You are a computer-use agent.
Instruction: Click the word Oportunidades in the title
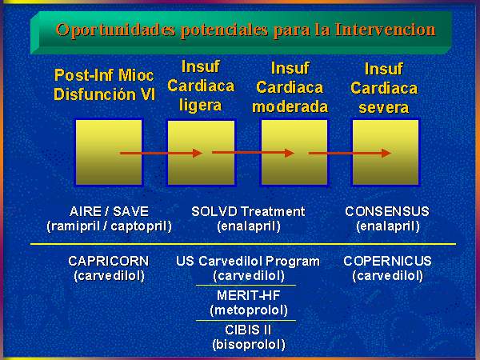click(x=116, y=30)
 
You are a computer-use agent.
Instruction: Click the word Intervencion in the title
click(x=385, y=30)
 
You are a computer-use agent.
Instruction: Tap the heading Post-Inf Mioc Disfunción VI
click(x=104, y=85)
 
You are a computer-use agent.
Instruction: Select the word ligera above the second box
click(x=201, y=105)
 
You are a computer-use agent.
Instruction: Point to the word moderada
click(x=290, y=107)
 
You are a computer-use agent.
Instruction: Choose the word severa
click(x=384, y=107)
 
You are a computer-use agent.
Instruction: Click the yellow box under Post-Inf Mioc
click(x=109, y=153)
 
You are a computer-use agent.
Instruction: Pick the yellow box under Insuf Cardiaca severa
click(x=386, y=153)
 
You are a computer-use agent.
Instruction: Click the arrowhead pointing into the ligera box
click(x=198, y=153)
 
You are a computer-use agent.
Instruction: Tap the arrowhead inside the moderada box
click(x=290, y=153)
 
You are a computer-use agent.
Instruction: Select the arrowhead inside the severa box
click(x=386, y=153)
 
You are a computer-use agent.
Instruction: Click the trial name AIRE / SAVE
click(x=109, y=211)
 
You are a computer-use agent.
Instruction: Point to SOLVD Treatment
click(x=248, y=211)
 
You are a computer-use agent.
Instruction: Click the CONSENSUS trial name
click(x=387, y=211)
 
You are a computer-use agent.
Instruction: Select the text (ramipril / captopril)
click(x=109, y=226)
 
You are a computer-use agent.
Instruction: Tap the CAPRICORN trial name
click(x=109, y=261)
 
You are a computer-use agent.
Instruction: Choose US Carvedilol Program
click(x=248, y=262)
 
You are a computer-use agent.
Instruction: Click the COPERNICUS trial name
click(x=387, y=261)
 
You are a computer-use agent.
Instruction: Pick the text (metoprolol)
click(x=249, y=310)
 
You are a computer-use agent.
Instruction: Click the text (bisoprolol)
click(x=249, y=345)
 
